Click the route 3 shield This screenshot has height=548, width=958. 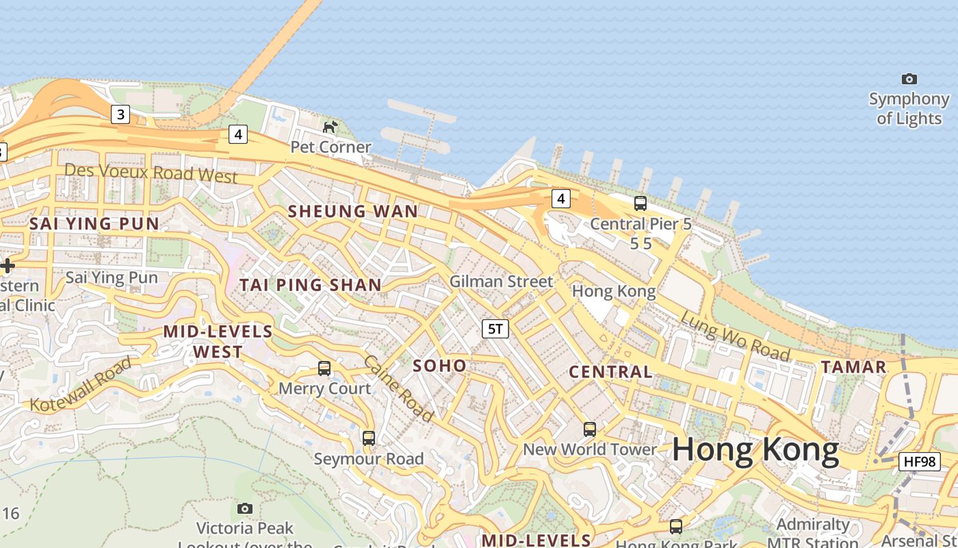[120, 114]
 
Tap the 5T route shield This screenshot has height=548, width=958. [495, 329]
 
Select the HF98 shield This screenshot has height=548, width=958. [920, 462]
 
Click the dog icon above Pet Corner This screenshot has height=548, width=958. [331, 127]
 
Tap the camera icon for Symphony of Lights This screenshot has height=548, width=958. [909, 79]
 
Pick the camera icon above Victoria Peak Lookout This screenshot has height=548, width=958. [244, 508]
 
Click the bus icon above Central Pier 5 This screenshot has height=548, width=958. [640, 203]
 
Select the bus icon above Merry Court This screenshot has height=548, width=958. [324, 369]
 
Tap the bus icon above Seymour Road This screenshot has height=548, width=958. [369, 438]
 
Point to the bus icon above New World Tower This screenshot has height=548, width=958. [590, 429]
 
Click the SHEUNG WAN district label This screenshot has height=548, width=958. [353, 212]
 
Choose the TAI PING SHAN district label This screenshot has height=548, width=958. [311, 285]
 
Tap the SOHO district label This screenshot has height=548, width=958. [440, 366]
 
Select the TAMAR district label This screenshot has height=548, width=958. [854, 367]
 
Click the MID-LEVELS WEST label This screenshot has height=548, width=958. [218, 342]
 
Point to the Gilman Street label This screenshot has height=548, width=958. [501, 282]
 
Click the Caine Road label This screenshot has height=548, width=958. [398, 388]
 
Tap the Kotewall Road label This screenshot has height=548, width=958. [81, 385]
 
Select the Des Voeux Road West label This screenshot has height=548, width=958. [151, 173]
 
